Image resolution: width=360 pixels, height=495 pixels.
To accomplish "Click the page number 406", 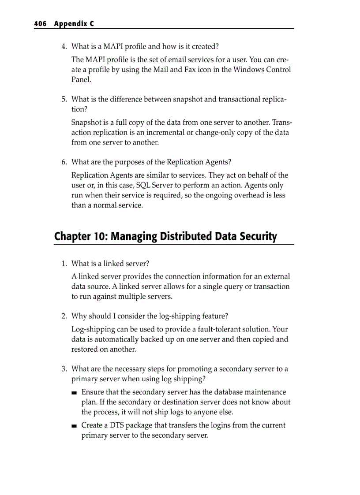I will (x=40, y=24).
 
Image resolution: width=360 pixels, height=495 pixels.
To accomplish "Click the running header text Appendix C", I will (x=74, y=24).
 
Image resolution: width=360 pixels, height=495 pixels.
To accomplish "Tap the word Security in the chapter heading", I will (x=256, y=237).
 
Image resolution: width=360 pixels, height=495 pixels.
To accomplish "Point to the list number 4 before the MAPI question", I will (x=64, y=46).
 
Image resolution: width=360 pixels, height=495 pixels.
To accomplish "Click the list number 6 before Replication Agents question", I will (x=64, y=162).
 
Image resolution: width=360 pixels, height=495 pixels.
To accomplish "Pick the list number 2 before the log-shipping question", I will (x=64, y=316).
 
